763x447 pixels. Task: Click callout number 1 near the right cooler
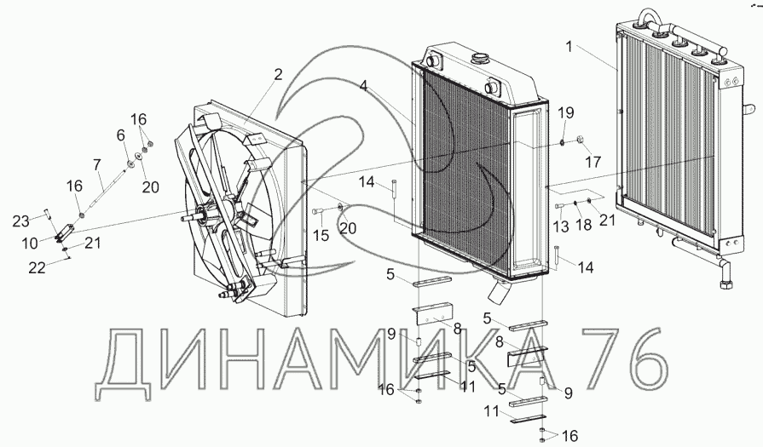568,46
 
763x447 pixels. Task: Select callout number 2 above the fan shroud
278,75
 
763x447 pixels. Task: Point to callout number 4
363,86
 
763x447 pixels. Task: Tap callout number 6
120,135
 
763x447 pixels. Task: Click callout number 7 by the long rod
96,163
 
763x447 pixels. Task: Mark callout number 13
559,226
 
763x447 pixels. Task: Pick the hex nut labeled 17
581,140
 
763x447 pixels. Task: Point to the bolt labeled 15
317,209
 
